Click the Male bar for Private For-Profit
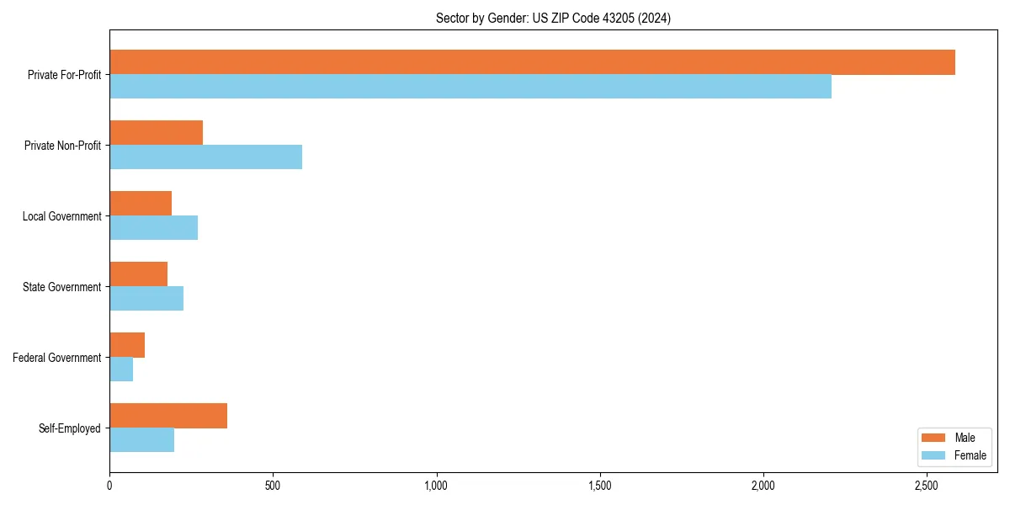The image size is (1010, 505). [x=532, y=62]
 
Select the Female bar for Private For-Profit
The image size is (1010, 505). [x=470, y=87]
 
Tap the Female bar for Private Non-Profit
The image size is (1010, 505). [x=205, y=157]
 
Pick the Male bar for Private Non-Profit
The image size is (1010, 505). [x=156, y=133]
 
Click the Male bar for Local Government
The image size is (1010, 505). [x=141, y=204]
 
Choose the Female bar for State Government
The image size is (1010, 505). [x=146, y=299]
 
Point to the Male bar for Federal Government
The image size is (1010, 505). [x=127, y=345]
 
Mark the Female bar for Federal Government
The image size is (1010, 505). [x=121, y=369]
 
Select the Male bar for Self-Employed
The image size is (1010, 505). [x=168, y=416]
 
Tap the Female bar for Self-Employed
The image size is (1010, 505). [x=141, y=440]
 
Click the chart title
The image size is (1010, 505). [x=553, y=18]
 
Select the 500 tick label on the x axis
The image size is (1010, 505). [x=273, y=486]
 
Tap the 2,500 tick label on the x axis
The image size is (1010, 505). [x=926, y=486]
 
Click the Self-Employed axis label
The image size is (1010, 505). [x=70, y=428]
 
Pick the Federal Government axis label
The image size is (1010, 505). [x=57, y=358]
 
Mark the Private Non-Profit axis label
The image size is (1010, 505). [x=62, y=146]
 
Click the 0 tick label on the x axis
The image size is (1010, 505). [x=109, y=486]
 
